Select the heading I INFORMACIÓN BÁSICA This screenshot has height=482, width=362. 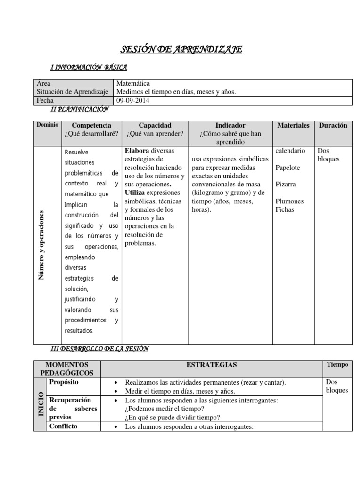[x=88, y=68]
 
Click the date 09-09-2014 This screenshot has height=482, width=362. [x=132, y=100]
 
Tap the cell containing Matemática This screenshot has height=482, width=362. [x=133, y=83]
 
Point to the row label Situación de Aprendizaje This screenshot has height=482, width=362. [x=72, y=92]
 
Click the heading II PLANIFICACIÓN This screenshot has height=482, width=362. [x=79, y=109]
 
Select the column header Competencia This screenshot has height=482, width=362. [x=91, y=125]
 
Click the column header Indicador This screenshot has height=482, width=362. [x=230, y=125]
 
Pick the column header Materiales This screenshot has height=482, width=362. [x=293, y=125]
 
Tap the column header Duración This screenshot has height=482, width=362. [x=333, y=125]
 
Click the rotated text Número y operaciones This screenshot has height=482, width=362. [x=41, y=245]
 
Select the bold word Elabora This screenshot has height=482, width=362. [x=137, y=151]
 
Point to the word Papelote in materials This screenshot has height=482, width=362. [x=288, y=168]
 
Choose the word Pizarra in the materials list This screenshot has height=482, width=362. [x=286, y=184]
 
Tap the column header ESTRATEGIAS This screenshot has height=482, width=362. [x=212, y=365]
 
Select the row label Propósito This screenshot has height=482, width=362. [x=64, y=382]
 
